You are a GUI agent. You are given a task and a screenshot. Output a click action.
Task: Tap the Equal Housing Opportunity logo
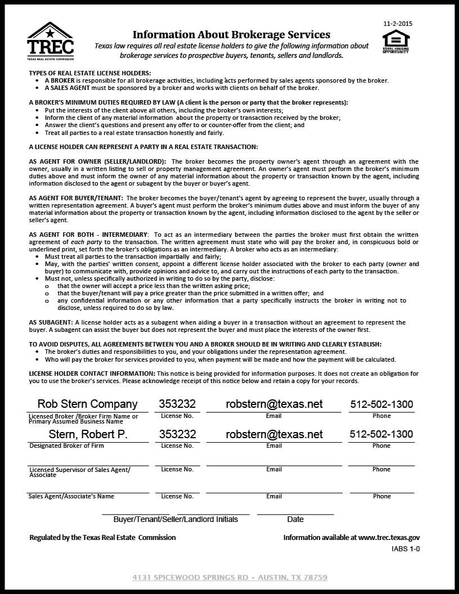click(x=396, y=41)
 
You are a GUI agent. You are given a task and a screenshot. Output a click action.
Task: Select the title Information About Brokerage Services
click(x=231, y=34)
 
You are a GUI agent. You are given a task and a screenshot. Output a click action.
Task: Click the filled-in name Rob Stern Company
click(x=87, y=404)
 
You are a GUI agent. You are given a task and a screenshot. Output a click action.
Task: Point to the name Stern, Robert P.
click(x=88, y=434)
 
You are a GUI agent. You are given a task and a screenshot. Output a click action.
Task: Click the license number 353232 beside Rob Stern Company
click(x=177, y=404)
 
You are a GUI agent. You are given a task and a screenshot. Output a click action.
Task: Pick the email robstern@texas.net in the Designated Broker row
click(x=274, y=434)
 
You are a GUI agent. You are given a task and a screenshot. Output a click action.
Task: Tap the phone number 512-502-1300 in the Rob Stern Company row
click(x=381, y=404)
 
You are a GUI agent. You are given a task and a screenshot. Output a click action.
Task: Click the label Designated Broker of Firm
click(x=66, y=445)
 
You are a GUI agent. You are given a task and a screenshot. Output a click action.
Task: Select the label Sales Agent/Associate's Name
click(x=71, y=496)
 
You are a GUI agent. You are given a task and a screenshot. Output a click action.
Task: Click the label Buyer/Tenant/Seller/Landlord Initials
click(x=175, y=519)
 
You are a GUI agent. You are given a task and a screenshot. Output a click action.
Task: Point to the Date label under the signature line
click(x=295, y=519)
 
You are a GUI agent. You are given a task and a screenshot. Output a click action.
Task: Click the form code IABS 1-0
click(x=406, y=549)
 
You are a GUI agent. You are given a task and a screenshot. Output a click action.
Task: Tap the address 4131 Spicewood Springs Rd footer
click(x=229, y=577)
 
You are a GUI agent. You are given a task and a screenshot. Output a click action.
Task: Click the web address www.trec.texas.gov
click(x=389, y=537)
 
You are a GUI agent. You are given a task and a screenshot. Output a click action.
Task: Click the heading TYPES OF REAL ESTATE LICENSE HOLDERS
click(x=90, y=73)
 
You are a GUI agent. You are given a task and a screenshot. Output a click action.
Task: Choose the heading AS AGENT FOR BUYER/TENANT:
click(x=76, y=198)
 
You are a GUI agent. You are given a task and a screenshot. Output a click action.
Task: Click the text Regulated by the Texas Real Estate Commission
click(x=102, y=537)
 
